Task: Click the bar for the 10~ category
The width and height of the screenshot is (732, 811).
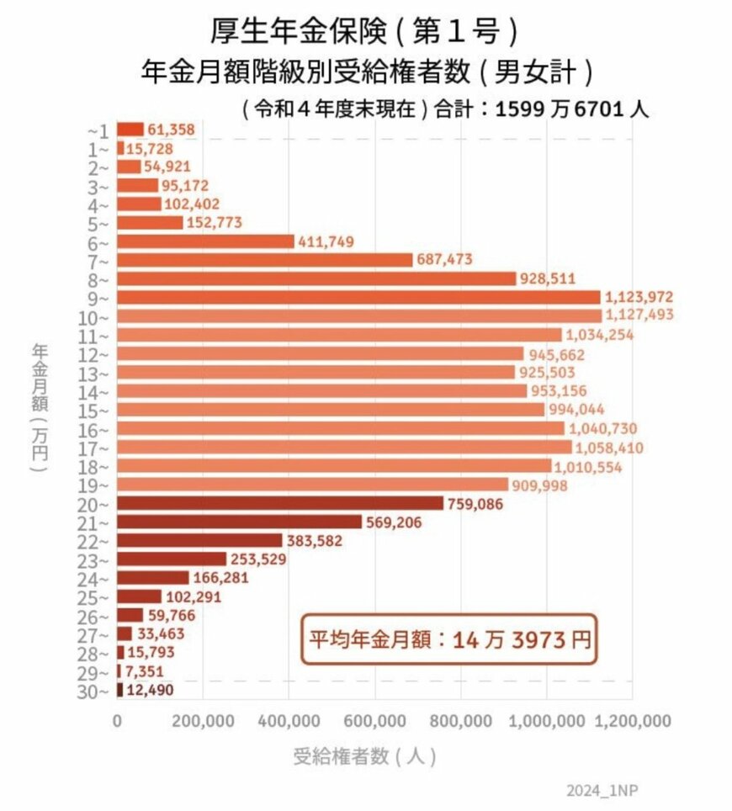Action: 359,315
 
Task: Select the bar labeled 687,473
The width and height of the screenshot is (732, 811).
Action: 264,260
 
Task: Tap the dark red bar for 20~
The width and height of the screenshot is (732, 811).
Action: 279,503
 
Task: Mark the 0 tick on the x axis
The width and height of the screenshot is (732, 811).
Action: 117,721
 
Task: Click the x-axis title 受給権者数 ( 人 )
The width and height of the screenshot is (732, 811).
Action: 364,755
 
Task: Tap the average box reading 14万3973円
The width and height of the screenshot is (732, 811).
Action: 448,640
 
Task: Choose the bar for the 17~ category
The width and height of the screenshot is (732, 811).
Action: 344,447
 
